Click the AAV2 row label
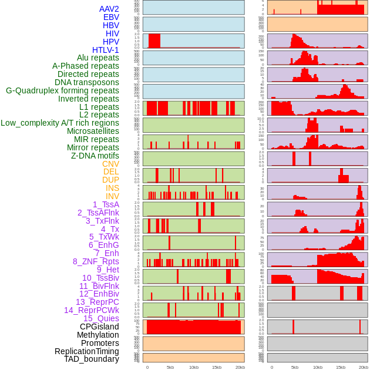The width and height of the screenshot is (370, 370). [x=109, y=9]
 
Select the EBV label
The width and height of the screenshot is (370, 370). [x=111, y=17]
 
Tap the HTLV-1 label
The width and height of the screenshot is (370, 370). [x=106, y=50]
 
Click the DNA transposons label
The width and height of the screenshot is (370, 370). [x=87, y=82]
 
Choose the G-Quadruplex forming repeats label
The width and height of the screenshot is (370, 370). [x=62, y=90]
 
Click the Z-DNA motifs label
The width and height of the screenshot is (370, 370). [x=95, y=156]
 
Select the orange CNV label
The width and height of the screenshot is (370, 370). [x=110, y=164]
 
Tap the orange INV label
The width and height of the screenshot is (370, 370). [x=112, y=196]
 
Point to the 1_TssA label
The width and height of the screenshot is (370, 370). [x=106, y=204]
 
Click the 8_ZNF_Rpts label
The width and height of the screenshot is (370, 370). [x=96, y=261]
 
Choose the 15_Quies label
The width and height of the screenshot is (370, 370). [x=101, y=318]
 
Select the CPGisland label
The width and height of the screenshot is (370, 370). [x=99, y=327]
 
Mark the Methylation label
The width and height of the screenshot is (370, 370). [x=98, y=335]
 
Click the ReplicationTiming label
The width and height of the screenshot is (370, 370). [x=87, y=351]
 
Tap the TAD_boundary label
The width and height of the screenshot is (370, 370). [x=92, y=359]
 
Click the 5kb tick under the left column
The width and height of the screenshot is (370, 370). [x=170, y=367]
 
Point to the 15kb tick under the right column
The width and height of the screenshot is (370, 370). [x=341, y=367]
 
